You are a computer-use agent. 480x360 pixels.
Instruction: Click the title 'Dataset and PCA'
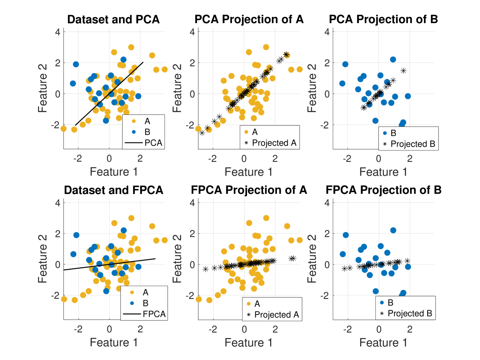113,19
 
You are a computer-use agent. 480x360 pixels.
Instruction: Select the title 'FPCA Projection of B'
384,190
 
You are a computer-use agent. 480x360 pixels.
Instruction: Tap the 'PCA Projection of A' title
249,19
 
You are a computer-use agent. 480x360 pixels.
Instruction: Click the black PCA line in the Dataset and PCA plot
109,94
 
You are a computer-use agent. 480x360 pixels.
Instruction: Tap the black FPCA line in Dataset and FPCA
109,264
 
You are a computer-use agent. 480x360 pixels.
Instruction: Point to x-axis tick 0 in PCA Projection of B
378,159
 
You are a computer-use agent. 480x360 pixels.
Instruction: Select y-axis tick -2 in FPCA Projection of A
190,295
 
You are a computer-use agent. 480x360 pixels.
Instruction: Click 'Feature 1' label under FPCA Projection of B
383,343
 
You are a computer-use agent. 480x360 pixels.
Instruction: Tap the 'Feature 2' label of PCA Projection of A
177,88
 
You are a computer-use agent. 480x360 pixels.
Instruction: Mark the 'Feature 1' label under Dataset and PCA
113,172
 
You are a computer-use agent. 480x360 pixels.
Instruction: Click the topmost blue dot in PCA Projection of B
393,60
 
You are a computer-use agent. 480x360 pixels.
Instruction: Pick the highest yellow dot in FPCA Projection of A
266,218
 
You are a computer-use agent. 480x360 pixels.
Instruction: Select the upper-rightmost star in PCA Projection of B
403,71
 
